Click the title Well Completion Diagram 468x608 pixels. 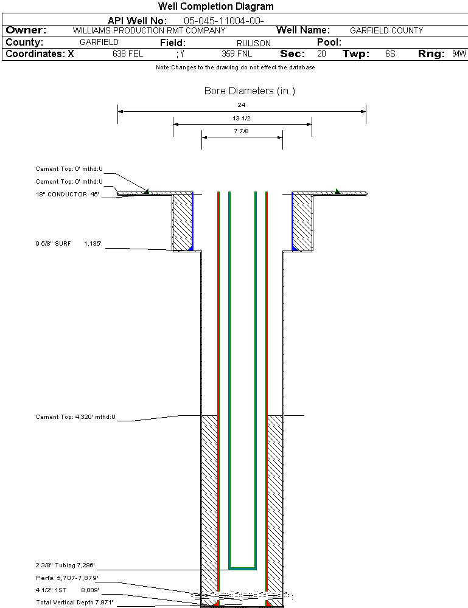[x=215, y=7]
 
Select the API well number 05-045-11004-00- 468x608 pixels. [x=223, y=21]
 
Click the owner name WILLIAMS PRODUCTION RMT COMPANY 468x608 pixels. [x=149, y=30]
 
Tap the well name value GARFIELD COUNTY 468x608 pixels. [x=386, y=30]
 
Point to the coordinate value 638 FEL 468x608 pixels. [x=128, y=54]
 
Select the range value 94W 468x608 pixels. [x=459, y=54]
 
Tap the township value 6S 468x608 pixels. [x=390, y=54]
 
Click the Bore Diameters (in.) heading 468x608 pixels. [x=250, y=91]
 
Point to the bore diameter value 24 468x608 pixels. [x=242, y=105]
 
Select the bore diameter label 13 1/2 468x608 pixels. [x=242, y=118]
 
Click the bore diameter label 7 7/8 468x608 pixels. [x=242, y=131]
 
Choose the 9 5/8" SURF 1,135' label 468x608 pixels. [x=68, y=244]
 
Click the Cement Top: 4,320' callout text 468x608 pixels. [x=75, y=418]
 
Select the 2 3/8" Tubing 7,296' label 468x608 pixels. [x=66, y=565]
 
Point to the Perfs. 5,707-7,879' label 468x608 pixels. [x=67, y=578]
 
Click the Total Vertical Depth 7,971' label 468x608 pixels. [x=74, y=602]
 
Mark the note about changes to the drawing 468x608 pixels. [x=236, y=67]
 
